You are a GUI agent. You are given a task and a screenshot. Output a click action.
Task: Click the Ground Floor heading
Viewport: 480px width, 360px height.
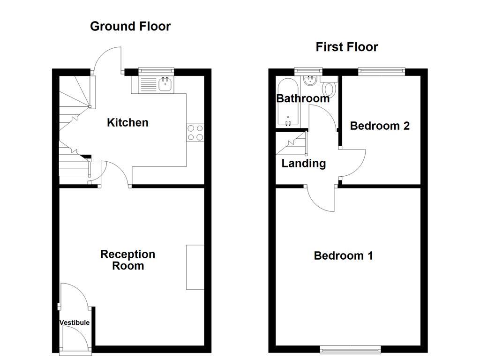coord(130,26)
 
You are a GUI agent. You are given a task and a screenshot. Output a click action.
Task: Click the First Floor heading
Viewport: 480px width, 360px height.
coord(346,47)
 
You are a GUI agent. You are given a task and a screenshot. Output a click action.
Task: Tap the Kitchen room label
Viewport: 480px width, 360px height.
coord(127,123)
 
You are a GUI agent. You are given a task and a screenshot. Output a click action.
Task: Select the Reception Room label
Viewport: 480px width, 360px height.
coord(128,260)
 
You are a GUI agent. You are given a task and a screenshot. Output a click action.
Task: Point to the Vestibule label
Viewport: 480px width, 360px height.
coord(75,322)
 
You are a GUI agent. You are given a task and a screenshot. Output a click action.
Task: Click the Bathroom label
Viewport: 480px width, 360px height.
coord(303,98)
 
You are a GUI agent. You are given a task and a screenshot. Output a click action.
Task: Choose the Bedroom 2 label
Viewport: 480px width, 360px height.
coord(380,126)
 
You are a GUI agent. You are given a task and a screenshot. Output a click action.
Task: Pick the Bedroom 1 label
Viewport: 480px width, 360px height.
coord(343,255)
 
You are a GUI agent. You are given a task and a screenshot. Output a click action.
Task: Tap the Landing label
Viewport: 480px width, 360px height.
coord(303,164)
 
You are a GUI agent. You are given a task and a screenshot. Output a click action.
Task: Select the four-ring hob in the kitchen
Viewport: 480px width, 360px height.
coord(195,132)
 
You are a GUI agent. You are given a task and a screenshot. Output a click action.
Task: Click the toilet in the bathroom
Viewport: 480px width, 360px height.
coord(329,88)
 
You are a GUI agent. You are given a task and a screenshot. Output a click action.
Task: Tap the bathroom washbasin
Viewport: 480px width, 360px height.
coord(310,81)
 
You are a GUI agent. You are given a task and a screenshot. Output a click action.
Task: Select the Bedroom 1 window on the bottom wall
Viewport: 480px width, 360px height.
coord(350,349)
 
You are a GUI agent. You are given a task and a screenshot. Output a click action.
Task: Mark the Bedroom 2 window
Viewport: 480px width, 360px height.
coord(381,71)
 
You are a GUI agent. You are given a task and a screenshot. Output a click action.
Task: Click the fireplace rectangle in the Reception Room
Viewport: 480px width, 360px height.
coord(195,267)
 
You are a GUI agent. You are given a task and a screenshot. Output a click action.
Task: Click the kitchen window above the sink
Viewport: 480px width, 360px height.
coord(156,71)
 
